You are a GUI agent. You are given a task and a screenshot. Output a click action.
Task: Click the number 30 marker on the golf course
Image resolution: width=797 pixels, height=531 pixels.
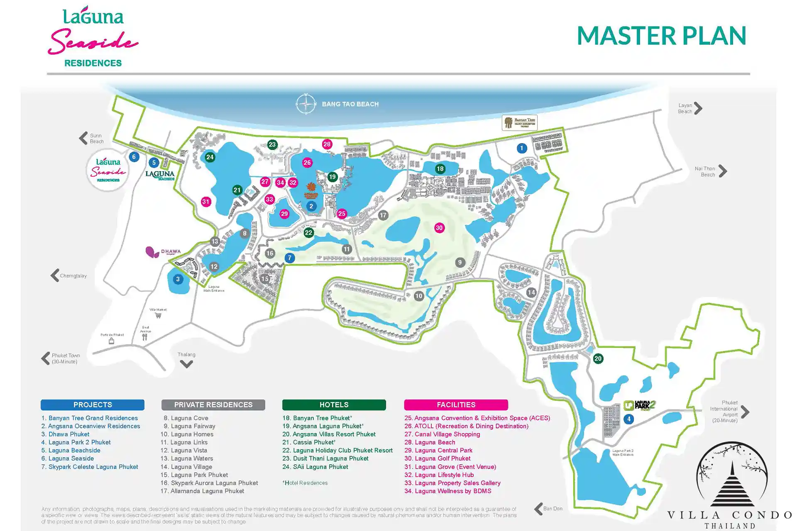tap(439, 228)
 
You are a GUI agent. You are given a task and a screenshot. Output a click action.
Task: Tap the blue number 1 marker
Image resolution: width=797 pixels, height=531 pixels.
tap(522, 148)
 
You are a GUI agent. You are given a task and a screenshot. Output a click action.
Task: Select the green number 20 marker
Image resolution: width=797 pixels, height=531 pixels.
tap(598, 359)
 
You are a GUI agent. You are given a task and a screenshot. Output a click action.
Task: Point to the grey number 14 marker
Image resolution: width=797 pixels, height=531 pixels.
tap(531, 292)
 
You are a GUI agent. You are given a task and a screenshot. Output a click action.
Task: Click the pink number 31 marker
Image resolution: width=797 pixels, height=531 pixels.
tap(206, 202)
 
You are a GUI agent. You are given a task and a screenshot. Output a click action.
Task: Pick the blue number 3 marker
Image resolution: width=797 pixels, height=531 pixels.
tap(178, 279)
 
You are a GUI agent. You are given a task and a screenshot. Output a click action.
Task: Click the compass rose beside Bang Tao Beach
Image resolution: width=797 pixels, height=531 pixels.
tap(306, 104)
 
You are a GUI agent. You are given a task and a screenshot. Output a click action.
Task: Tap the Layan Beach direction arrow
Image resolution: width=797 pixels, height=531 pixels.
tap(698, 108)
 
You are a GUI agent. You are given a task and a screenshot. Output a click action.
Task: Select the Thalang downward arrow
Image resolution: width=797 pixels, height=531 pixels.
tap(186, 364)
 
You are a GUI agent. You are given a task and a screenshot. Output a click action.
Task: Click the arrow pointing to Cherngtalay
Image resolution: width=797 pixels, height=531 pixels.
tap(55, 275)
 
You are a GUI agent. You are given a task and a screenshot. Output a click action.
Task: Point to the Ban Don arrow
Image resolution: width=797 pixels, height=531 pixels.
tap(538, 509)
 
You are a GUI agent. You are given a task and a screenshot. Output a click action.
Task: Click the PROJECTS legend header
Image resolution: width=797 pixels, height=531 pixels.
tap(93, 405)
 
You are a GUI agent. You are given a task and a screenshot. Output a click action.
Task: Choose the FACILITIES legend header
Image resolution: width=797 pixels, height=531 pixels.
tap(456, 405)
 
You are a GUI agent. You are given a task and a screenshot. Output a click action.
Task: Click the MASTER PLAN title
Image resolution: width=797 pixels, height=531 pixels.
tap(661, 36)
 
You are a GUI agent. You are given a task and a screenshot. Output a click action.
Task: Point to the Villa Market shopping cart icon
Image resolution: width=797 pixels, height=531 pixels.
tap(158, 315)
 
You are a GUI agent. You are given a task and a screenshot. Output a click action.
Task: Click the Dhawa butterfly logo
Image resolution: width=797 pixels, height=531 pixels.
tap(152, 252)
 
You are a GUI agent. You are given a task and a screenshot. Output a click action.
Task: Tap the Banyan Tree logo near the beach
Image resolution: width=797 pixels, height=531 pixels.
tap(519, 122)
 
